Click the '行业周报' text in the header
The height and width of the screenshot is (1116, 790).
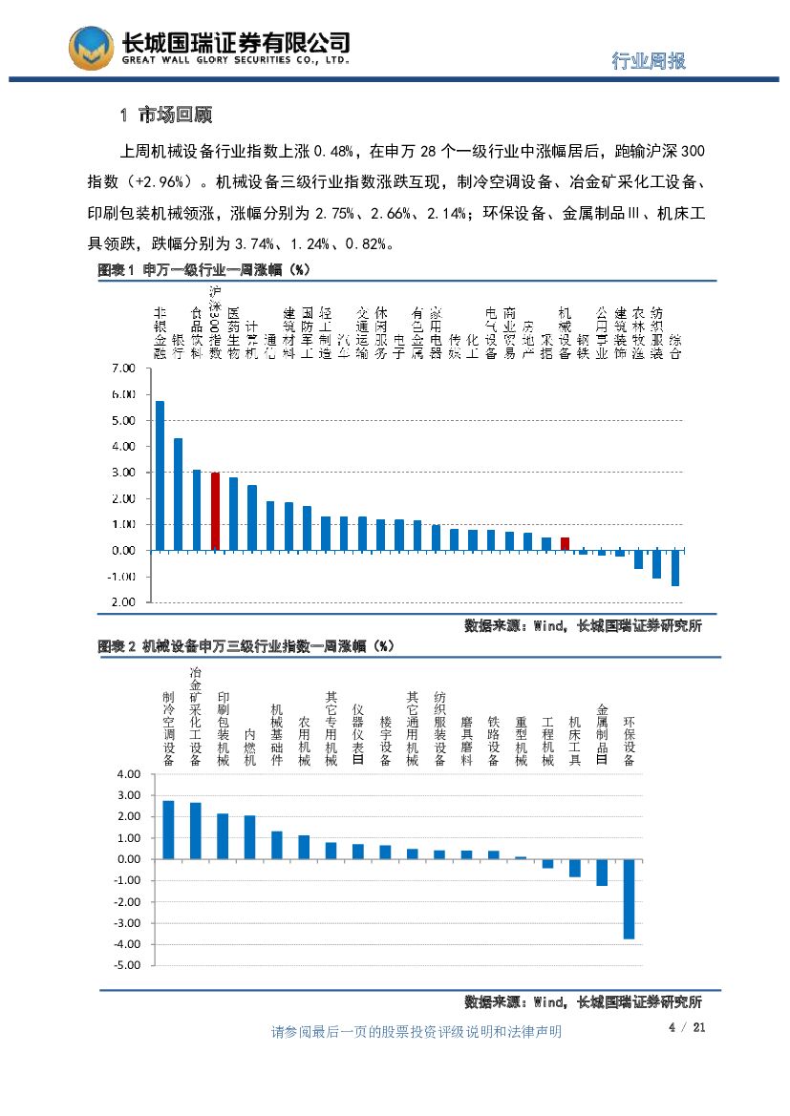[x=648, y=61]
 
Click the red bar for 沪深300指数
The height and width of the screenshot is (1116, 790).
[x=215, y=512]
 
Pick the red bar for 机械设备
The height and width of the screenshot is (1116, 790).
[x=565, y=544]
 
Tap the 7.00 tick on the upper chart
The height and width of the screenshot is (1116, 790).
[x=124, y=368]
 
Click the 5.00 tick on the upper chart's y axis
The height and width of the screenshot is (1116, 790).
[x=124, y=421]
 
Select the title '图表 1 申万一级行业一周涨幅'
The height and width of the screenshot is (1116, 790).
[x=205, y=271]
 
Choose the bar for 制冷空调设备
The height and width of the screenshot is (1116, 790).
[x=168, y=830]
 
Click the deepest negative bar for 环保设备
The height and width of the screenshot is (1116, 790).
[x=629, y=898]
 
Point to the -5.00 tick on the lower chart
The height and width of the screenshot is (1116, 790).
[x=128, y=965]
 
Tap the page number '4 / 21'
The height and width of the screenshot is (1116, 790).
[x=687, y=1028]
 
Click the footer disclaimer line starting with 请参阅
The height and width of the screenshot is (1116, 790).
[x=416, y=1032]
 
